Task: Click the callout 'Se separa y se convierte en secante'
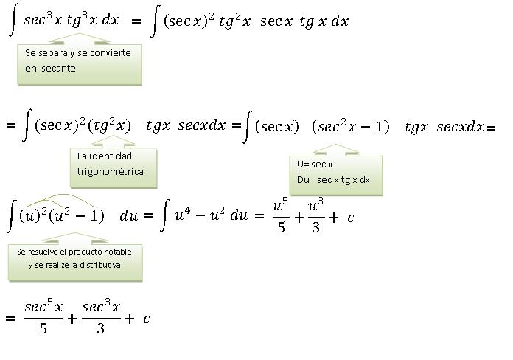[x=79, y=61]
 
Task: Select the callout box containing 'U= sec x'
[x=336, y=173]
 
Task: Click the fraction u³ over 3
[x=315, y=216]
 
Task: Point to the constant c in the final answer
[x=147, y=319]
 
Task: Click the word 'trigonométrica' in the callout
[x=110, y=171]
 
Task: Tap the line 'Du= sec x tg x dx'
[x=333, y=180]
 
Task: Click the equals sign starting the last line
[x=10, y=319]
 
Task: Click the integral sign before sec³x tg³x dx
[x=13, y=21]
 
